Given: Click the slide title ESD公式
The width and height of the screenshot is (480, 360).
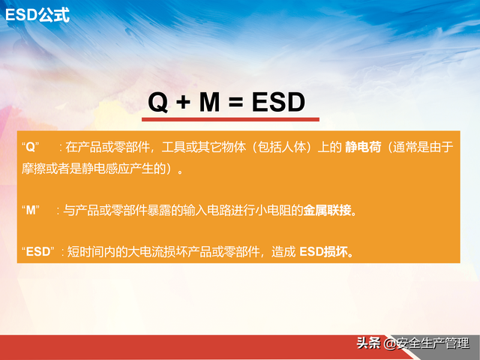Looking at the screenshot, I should coord(37,13).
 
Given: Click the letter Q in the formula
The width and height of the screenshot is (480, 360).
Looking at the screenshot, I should coord(157,102).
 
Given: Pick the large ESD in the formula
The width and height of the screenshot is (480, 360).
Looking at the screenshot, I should coord(277,102).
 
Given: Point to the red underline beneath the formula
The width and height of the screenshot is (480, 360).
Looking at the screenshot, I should coord(231,119).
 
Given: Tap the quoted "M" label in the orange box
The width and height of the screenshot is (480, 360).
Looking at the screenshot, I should coord(32,211).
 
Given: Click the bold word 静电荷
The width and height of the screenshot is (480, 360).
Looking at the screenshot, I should coord(360,147).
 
